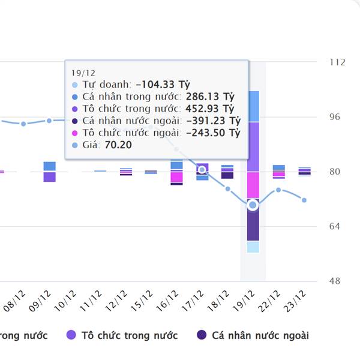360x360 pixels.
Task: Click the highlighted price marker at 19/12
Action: point(253,205)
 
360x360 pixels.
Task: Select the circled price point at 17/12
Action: point(202,170)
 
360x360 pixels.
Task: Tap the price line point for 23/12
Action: point(304,200)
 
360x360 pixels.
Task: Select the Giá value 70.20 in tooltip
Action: point(118,145)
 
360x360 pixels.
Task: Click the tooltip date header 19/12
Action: point(80,72)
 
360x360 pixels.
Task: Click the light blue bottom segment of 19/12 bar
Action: point(253,247)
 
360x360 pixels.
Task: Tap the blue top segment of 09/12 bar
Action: point(50,166)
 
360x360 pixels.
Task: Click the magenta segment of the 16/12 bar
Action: point(176,176)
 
